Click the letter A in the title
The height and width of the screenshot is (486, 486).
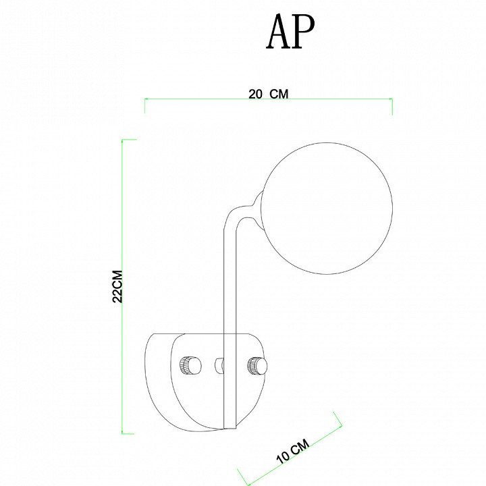tap(279, 32)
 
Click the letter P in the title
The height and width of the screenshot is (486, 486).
tap(304, 32)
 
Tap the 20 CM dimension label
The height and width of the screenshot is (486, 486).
tap(269, 94)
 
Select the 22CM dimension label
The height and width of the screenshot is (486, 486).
tap(117, 286)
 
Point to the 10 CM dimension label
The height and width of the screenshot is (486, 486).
tap(293, 451)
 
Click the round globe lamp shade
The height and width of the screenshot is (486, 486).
tap(327, 209)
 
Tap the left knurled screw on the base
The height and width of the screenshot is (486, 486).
tap(190, 366)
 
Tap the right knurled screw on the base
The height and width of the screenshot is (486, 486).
tap(257, 366)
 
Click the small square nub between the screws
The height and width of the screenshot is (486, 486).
tap(219, 365)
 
